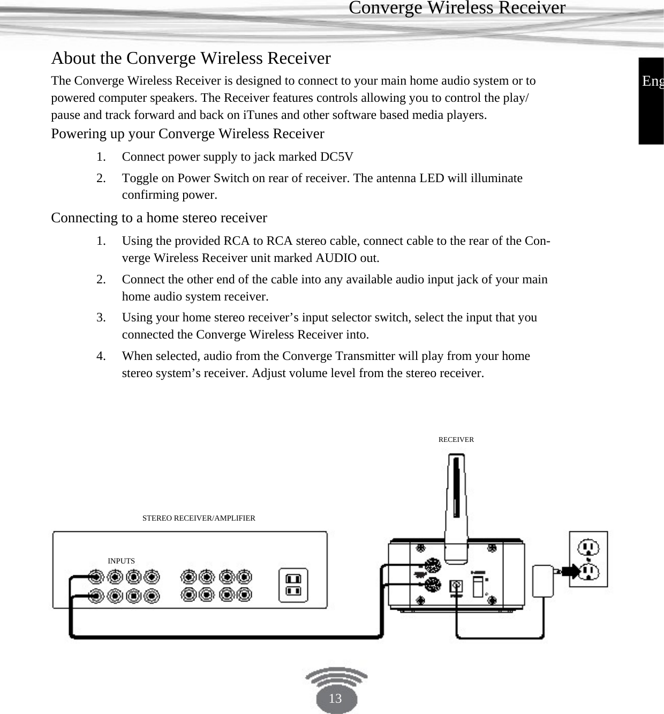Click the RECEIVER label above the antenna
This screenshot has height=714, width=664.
456,440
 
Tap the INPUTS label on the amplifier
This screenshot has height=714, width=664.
122,561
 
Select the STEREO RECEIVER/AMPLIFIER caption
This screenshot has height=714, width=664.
199,518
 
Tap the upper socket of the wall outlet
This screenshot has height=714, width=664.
588,547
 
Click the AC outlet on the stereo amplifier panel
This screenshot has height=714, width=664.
293,585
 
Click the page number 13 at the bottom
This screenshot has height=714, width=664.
335,698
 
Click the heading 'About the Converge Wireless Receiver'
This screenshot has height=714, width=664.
191,58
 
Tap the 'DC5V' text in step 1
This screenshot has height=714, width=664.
336,157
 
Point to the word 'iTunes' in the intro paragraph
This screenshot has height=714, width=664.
260,115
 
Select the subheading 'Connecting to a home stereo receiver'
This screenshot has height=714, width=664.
159,218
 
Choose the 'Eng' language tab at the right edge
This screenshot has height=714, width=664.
652,81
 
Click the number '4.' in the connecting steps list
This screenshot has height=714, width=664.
101,356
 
